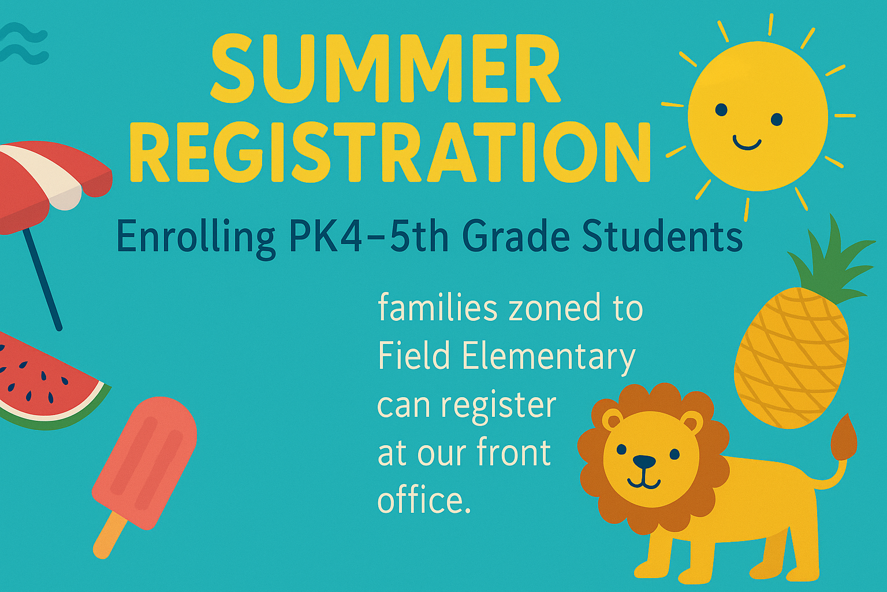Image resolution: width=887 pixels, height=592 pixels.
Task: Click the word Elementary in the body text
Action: click(x=549, y=357)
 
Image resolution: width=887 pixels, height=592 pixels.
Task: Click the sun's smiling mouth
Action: click(x=747, y=143)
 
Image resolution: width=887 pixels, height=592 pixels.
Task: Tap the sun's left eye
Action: click(x=721, y=109)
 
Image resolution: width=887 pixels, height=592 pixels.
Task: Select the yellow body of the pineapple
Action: click(x=792, y=359)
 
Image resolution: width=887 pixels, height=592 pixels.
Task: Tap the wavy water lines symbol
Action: click(x=24, y=43)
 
